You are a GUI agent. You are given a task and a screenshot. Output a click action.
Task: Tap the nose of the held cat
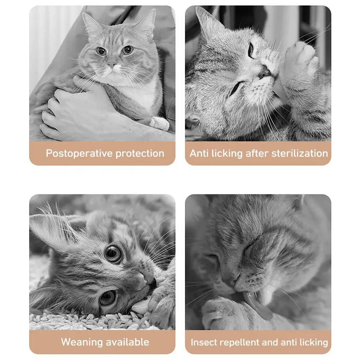(112, 66)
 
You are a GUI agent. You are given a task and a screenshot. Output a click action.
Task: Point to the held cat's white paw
(160, 123)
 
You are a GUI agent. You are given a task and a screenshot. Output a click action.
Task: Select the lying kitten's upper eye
(113, 254)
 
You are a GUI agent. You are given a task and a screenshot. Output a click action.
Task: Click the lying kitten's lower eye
(107, 297)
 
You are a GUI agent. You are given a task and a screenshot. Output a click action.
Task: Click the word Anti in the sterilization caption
(199, 153)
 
